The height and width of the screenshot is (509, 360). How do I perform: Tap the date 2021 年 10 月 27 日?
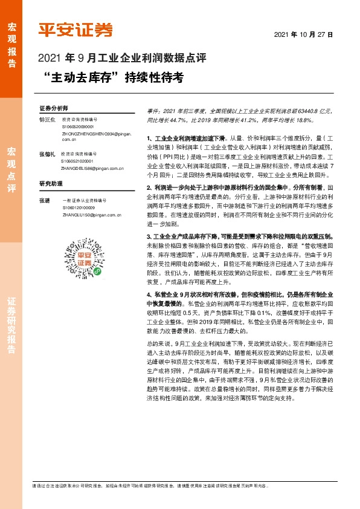click(304, 35)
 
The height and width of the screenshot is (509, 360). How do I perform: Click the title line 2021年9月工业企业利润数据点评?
click(121, 59)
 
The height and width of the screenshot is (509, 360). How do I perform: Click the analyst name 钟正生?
click(47, 120)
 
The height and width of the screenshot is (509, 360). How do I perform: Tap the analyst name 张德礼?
click(47, 155)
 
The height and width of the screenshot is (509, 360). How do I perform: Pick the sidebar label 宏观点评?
click(11, 169)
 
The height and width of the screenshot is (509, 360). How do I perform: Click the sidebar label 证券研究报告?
click(11, 326)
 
